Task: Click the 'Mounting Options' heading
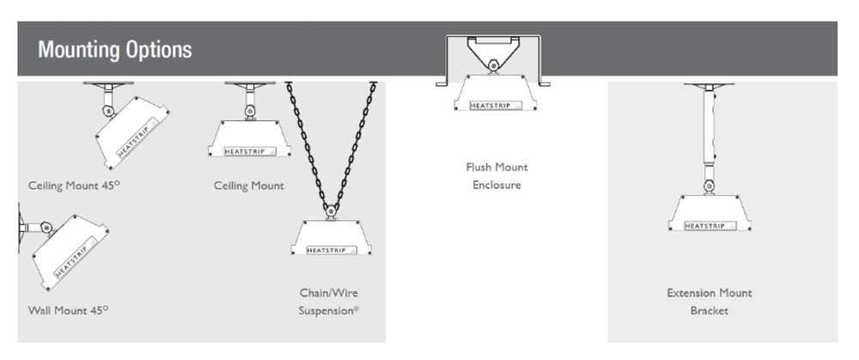[114, 49]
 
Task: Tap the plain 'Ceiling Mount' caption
[248, 186]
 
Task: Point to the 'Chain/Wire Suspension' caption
[329, 302]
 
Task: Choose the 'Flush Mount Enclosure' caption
[497, 176]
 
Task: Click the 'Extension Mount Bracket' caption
[709, 302]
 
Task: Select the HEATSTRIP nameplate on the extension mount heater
[710, 226]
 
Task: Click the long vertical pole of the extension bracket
[710, 129]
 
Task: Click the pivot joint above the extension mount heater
[710, 185]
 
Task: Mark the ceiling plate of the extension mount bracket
[710, 86]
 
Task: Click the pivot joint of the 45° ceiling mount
[107, 110]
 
